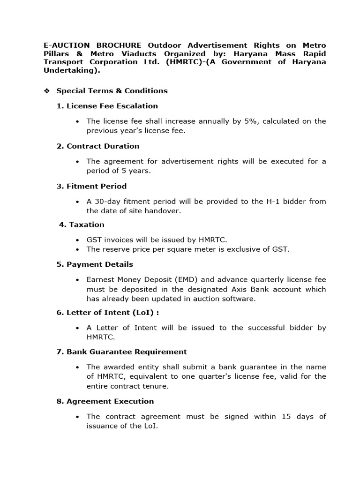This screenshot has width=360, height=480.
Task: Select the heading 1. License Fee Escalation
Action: [x=107, y=106]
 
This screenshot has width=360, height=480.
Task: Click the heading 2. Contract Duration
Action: [x=98, y=146]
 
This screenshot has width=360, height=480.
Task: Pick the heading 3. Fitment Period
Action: [x=91, y=187]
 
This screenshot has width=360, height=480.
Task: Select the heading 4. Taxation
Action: [x=82, y=225]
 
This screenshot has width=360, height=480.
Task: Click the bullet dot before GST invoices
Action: [x=77, y=240]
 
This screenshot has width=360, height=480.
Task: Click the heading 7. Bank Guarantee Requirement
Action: [x=121, y=352]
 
